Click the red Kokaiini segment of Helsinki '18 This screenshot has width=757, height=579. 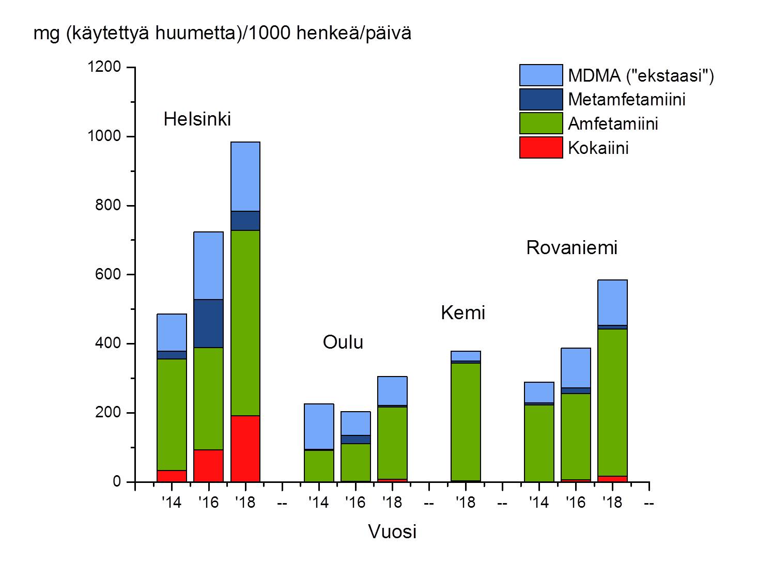tap(245, 448)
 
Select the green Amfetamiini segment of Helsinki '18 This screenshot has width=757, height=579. tap(245, 323)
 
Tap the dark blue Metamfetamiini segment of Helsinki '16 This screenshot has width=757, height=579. tap(208, 323)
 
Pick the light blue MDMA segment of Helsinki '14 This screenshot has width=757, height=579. tap(172, 332)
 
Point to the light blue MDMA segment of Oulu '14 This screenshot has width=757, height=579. tap(319, 426)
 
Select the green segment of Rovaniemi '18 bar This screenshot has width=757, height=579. tap(612, 402)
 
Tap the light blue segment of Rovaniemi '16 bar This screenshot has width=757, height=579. tap(576, 368)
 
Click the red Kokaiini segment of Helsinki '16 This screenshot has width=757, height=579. tap(208, 465)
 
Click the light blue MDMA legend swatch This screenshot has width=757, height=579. tap(540, 75)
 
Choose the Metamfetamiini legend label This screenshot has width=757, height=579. tap(626, 99)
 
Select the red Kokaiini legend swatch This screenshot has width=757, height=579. tap(540, 148)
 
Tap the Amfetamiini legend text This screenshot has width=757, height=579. tap(613, 124)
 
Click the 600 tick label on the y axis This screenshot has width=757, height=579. tap(108, 275)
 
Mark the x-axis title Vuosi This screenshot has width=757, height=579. tap(392, 531)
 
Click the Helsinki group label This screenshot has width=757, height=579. tap(197, 119)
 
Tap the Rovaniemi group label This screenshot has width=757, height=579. tap(571, 248)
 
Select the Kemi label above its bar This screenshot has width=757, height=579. tap(463, 313)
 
